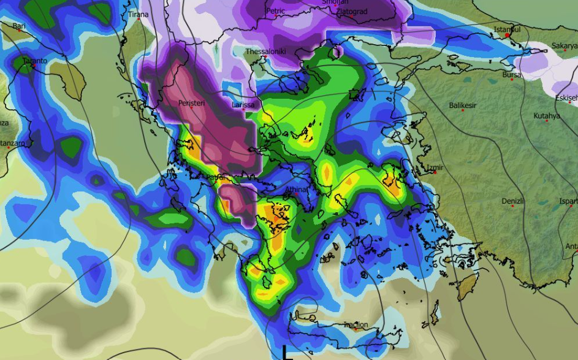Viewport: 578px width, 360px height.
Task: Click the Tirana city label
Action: pos(138,14)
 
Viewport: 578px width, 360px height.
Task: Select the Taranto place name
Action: pos(34,61)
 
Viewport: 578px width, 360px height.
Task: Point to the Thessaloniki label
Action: pos(265,52)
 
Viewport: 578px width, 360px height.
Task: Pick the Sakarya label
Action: pos(564,46)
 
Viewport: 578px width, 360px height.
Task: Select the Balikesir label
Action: pos(465,105)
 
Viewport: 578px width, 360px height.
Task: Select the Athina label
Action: pos(296,190)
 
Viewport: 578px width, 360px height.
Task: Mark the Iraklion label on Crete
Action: pos(356,324)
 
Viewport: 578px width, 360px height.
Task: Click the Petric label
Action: pos(276,11)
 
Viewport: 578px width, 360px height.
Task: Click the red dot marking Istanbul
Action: pos(508,36)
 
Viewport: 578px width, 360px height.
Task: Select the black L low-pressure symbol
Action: pos(286,353)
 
